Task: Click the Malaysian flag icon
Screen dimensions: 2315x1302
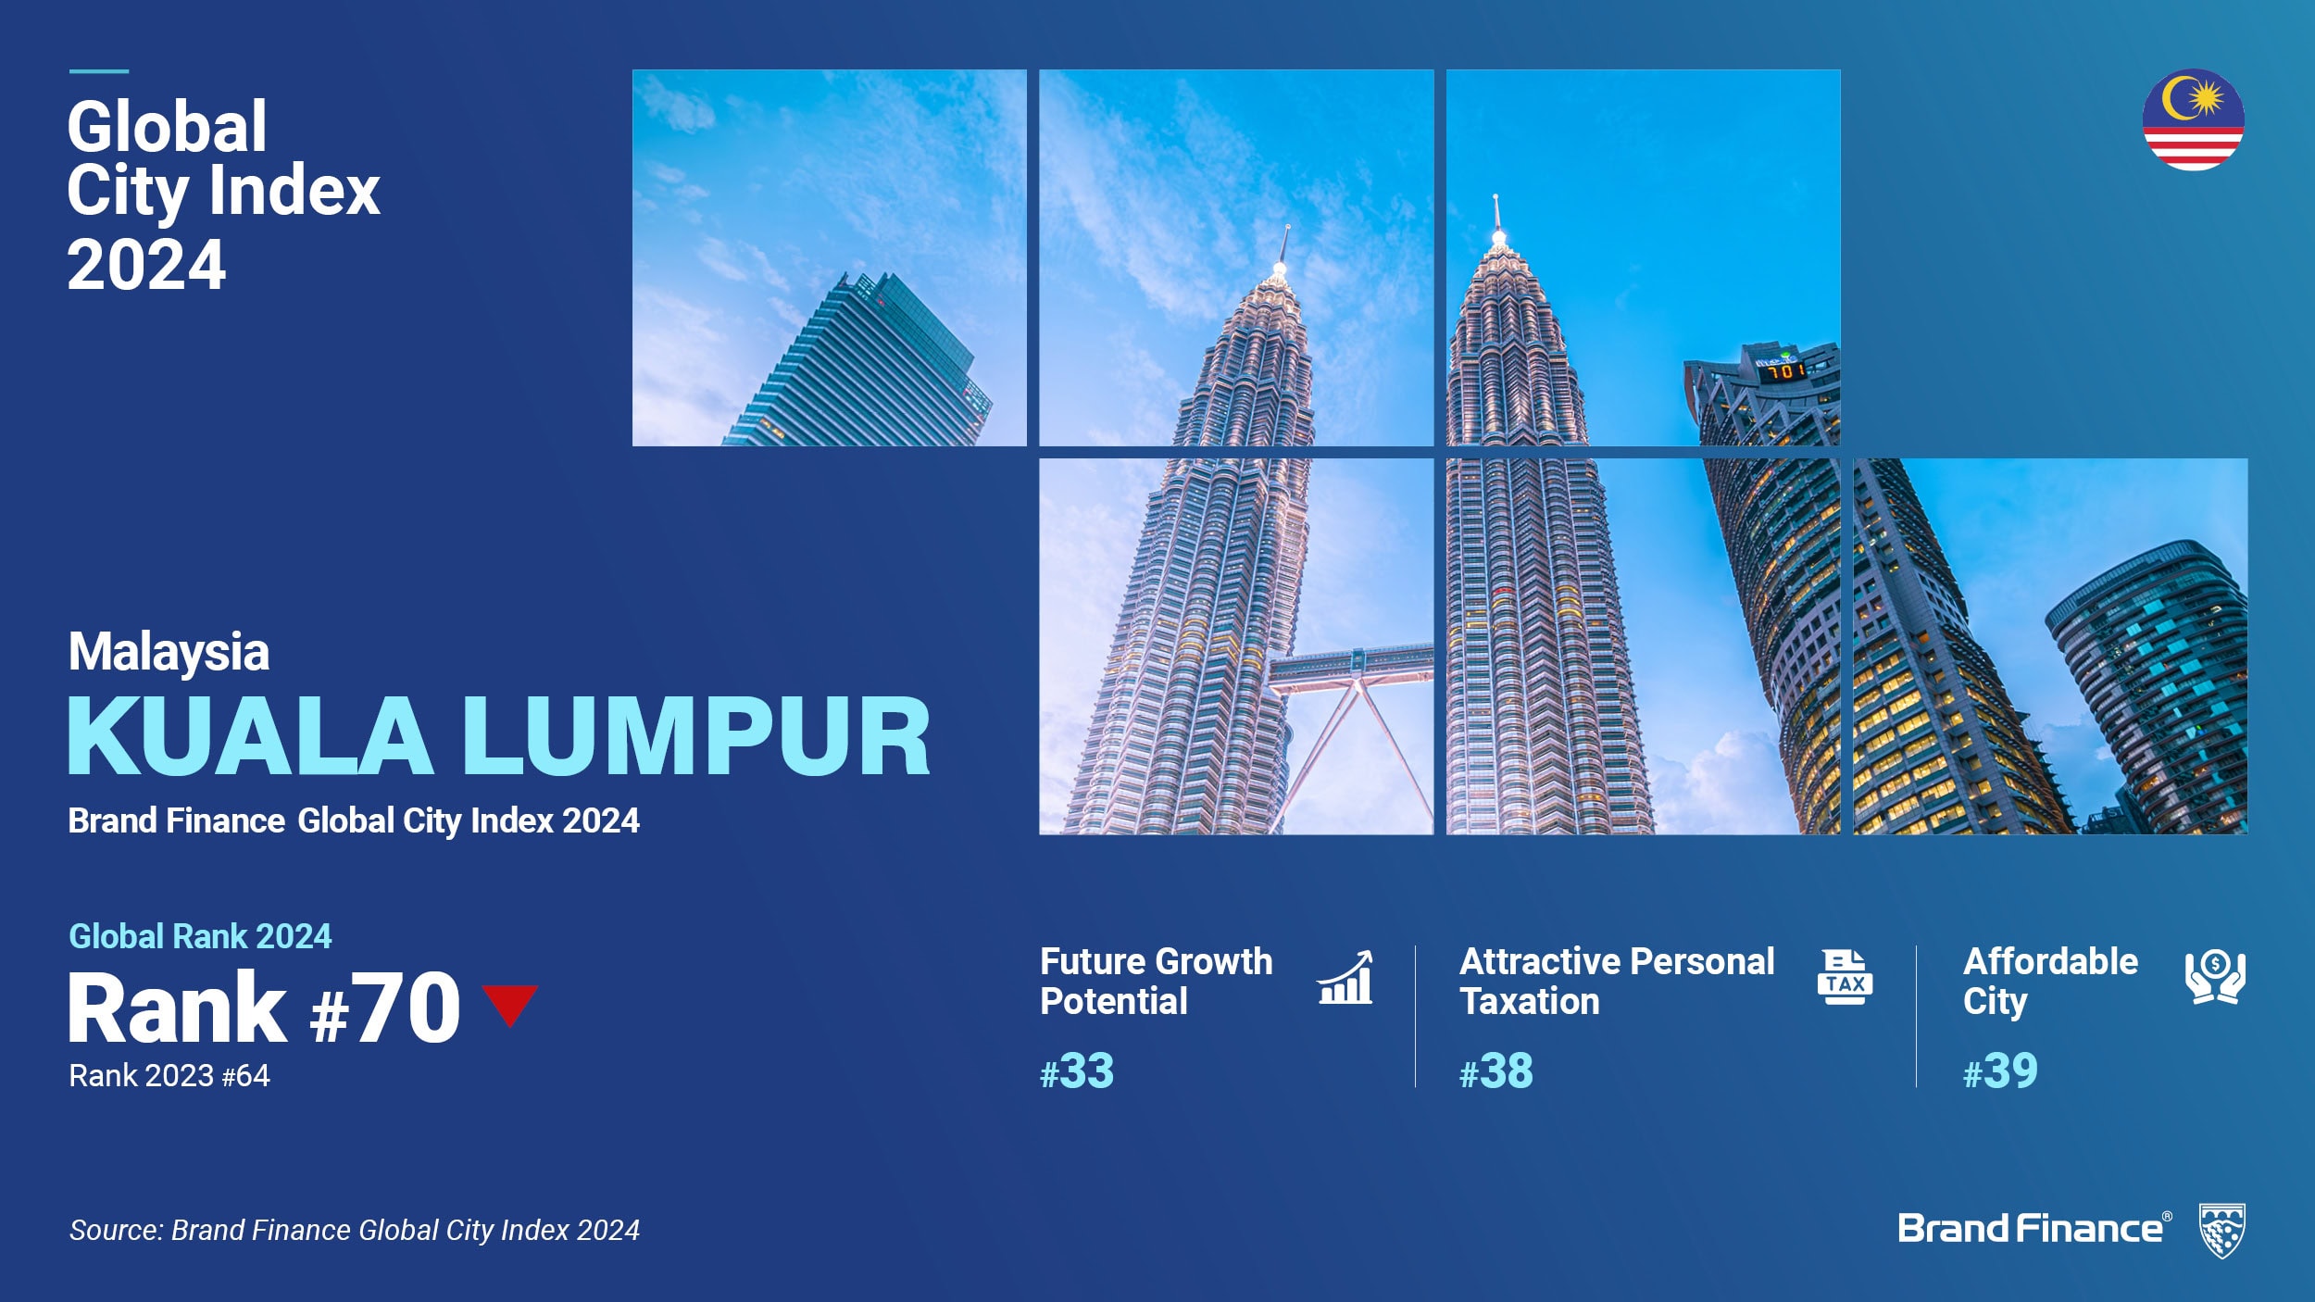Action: pyautogui.click(x=2193, y=119)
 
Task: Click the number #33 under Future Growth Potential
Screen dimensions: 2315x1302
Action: pyautogui.click(x=1077, y=1071)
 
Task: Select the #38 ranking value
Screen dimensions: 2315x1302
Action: pyautogui.click(x=1496, y=1071)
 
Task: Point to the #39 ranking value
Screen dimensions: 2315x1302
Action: pyautogui.click(x=2000, y=1071)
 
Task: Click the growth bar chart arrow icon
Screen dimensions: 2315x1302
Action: pyautogui.click(x=1345, y=977)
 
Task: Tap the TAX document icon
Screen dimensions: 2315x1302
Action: pyautogui.click(x=1845, y=977)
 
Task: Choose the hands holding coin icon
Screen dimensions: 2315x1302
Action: pyautogui.click(x=2215, y=977)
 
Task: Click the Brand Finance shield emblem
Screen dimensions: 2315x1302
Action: pyautogui.click(x=2222, y=1231)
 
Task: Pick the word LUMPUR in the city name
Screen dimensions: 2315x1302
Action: pyautogui.click(x=696, y=736)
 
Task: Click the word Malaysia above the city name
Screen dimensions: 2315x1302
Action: pyautogui.click(x=169, y=651)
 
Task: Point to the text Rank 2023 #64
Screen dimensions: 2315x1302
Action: pyautogui.click(x=169, y=1075)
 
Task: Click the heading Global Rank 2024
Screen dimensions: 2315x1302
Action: pyautogui.click(x=200, y=936)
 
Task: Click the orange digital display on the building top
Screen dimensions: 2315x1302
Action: pyautogui.click(x=1784, y=371)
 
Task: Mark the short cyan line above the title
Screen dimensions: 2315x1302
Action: pyautogui.click(x=99, y=71)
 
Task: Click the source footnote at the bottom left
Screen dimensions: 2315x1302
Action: pyautogui.click(x=355, y=1230)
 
